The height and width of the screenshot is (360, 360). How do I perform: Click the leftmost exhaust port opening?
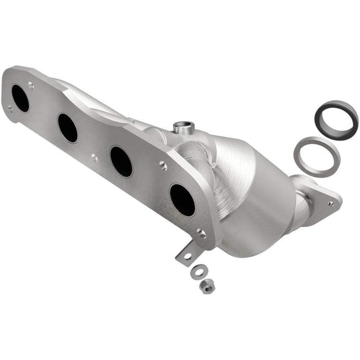pos(20,98)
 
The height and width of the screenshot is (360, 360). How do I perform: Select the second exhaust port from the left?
pos(68,128)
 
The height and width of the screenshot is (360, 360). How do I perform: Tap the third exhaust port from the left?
pos(121,161)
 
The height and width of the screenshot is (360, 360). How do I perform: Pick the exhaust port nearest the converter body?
pos(182,200)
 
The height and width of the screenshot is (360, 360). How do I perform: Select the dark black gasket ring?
pos(336,119)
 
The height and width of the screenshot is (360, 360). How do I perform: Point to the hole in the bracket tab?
pos(187,255)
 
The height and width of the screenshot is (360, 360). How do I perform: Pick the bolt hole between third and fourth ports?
pos(163,166)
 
